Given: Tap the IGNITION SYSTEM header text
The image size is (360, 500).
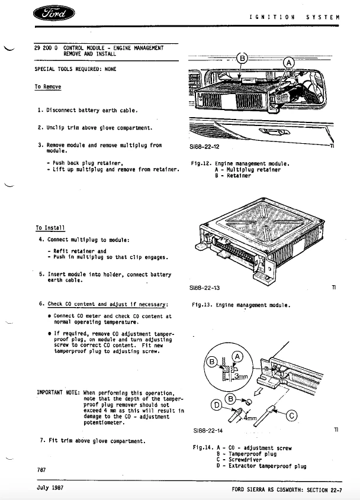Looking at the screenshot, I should [294, 17].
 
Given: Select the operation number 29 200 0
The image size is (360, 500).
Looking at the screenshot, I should [46, 47].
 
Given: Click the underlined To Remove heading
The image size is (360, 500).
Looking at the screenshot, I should [47, 87].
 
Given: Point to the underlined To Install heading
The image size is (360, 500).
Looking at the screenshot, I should [50, 227].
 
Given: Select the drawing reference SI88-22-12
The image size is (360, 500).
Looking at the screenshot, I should [204, 146].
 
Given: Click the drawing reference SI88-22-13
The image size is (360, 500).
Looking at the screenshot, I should [204, 287].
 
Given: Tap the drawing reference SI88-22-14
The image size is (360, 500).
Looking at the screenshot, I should [208, 430].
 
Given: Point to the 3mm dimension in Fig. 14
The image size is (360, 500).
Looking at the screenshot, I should [240, 376].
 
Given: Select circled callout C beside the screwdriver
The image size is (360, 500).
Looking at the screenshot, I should [291, 415].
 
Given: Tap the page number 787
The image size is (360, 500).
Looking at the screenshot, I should [41, 469].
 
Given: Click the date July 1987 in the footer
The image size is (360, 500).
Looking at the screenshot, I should [50, 489].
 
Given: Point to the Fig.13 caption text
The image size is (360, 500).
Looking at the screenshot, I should [241, 305].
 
